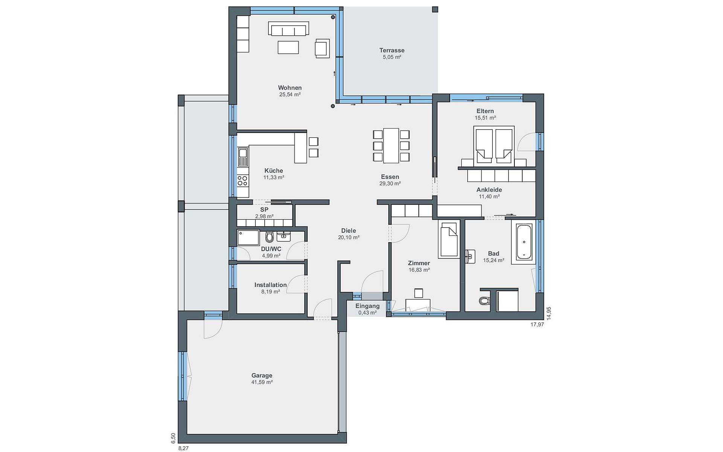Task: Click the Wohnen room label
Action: [x=290, y=88]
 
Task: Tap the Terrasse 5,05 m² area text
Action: [x=392, y=57]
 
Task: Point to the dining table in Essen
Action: [x=391, y=145]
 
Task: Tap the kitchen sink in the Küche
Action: [x=243, y=157]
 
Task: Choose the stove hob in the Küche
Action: [x=243, y=181]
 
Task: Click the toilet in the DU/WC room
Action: [x=269, y=237]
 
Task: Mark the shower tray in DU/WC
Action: [x=248, y=238]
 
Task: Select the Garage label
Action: [x=262, y=375]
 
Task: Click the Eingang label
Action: [x=368, y=306]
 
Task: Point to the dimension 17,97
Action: [x=537, y=324]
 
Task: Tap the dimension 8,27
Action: [x=183, y=448]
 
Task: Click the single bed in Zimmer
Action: [x=448, y=239]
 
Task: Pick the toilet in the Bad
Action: [x=484, y=301]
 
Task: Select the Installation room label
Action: [x=270, y=285]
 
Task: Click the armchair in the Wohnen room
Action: [x=322, y=48]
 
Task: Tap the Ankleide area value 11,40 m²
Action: [x=489, y=197]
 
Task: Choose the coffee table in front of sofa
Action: [x=288, y=47]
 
